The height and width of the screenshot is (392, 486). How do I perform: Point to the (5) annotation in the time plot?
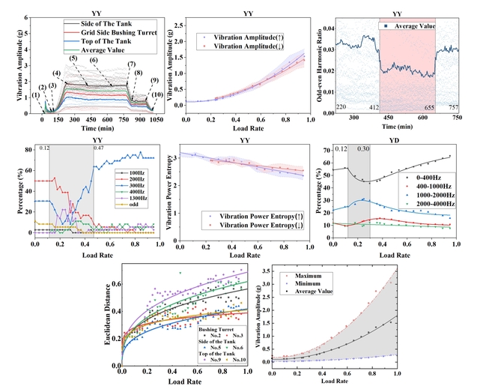pyautogui.click(x=73, y=58)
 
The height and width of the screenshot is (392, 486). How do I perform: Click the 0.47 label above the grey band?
pyautogui.click(x=99, y=148)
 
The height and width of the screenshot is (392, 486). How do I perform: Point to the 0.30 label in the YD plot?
pyautogui.click(x=363, y=148)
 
